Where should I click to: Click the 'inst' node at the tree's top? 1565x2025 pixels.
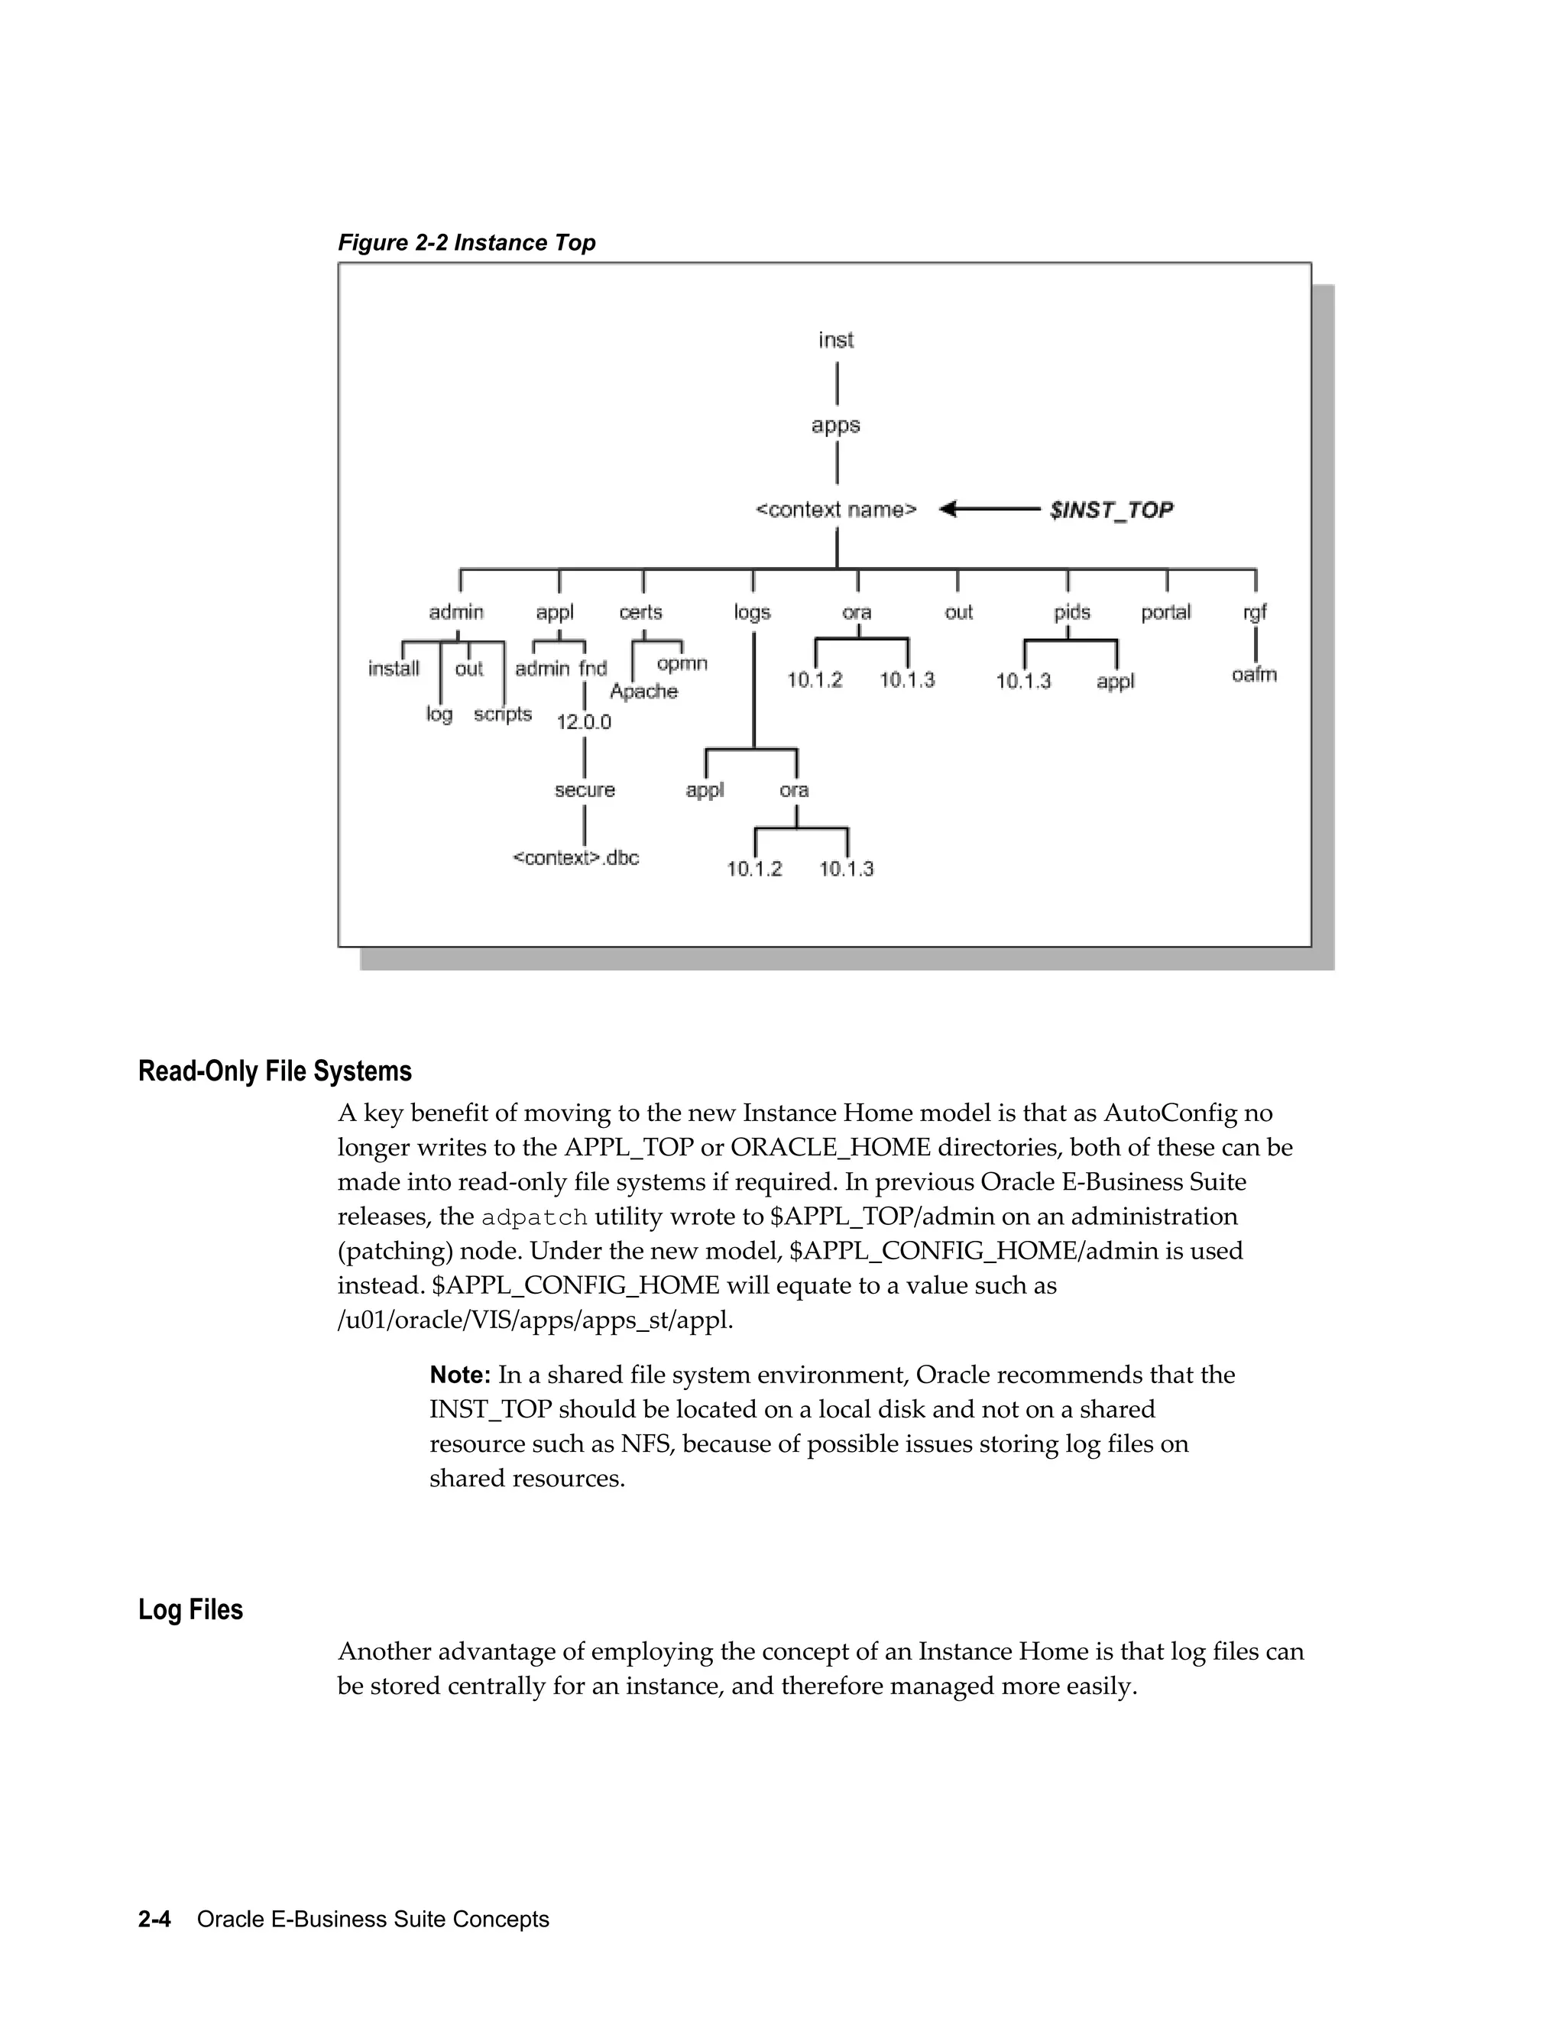(835, 340)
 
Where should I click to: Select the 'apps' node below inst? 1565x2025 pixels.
(835, 426)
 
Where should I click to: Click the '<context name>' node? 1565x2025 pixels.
(836, 510)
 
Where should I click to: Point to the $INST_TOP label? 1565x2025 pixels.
(1110, 510)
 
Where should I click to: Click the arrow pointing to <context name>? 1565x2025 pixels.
(988, 509)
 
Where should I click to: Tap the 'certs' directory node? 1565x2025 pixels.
(640, 613)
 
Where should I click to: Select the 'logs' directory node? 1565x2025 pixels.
(752, 613)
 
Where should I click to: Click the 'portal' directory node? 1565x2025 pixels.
(1165, 613)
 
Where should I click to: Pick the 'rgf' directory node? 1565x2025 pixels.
(1255, 613)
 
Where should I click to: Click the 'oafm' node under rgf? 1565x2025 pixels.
(1253, 675)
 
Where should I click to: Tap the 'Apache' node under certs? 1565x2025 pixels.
(643, 692)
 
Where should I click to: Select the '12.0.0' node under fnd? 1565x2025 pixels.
(583, 722)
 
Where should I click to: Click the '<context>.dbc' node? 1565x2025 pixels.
(575, 857)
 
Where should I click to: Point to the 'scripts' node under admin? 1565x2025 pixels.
(503, 714)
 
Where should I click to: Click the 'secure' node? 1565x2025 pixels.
(584, 790)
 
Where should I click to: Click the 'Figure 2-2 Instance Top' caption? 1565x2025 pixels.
(466, 243)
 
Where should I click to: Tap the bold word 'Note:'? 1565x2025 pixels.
(460, 1374)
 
